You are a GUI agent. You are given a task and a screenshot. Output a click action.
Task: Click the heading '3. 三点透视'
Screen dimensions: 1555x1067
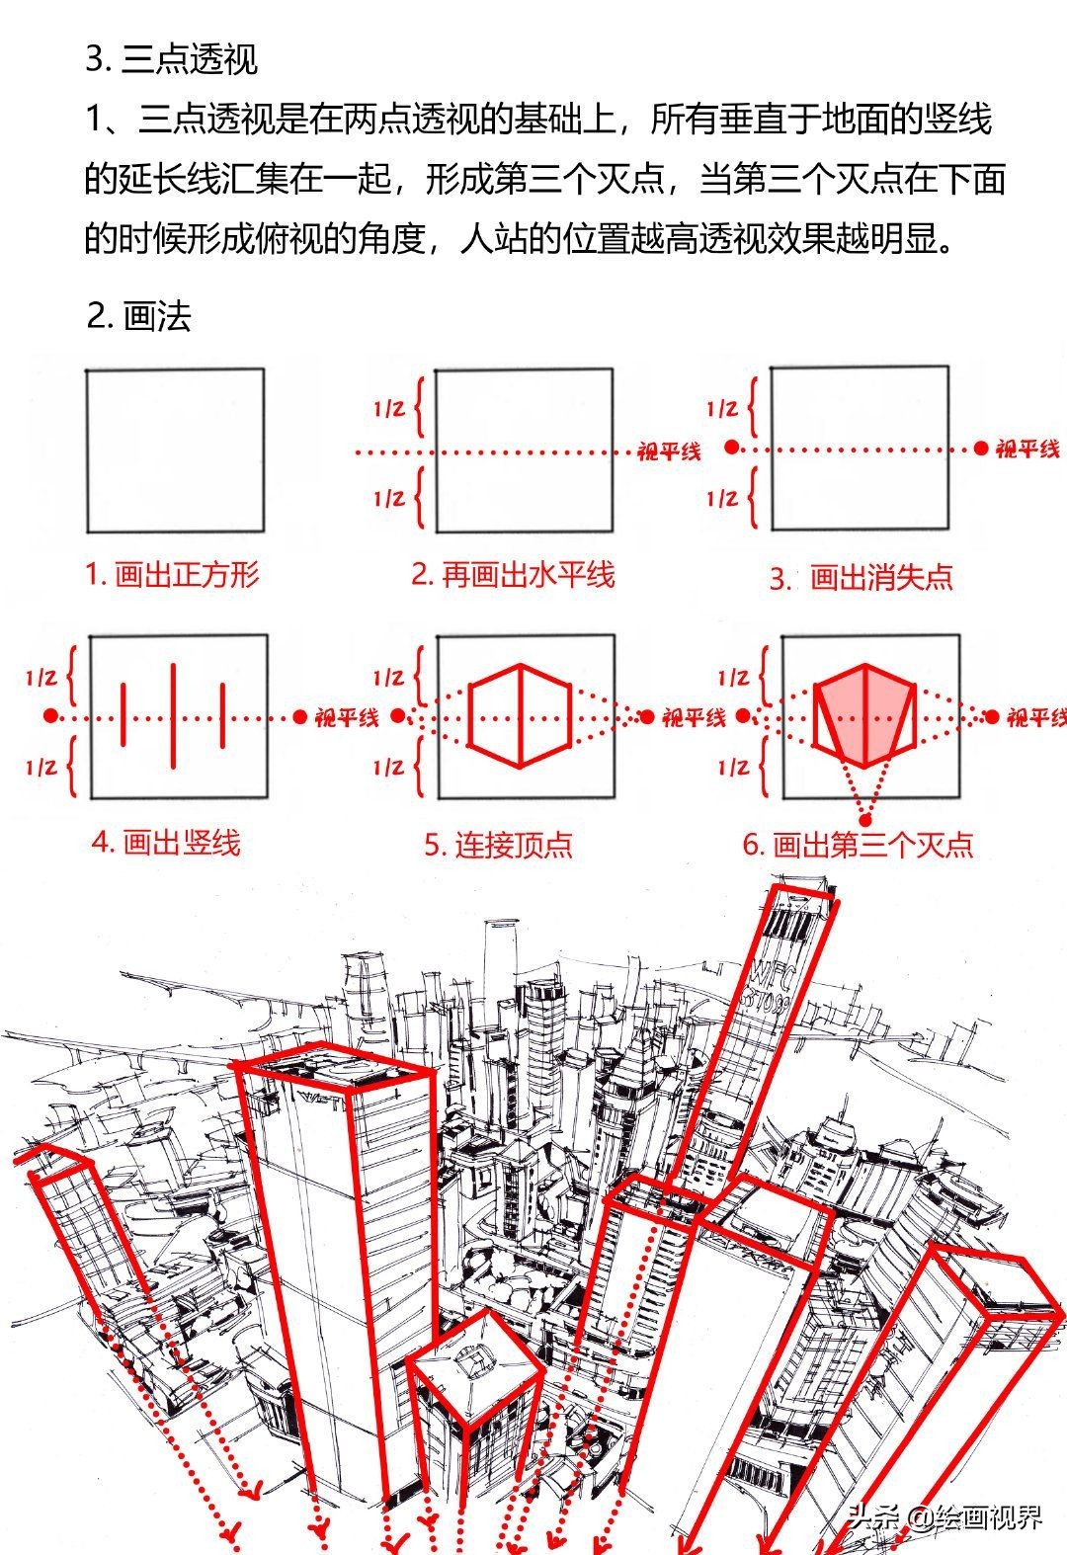(x=171, y=59)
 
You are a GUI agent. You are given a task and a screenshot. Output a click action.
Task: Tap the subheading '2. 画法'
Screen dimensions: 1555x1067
(x=138, y=316)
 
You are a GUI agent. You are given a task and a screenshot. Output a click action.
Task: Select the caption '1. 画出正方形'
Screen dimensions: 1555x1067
(x=172, y=575)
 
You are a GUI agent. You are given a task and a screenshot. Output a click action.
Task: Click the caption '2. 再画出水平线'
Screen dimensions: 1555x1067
(x=513, y=575)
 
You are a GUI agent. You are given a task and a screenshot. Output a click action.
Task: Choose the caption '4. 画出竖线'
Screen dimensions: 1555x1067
(x=166, y=843)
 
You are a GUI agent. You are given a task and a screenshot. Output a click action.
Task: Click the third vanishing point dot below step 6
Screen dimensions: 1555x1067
(x=866, y=819)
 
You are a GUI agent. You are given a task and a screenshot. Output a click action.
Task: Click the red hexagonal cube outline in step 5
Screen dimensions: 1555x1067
(x=520, y=716)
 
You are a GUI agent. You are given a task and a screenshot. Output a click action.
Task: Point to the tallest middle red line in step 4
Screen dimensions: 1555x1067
(x=174, y=715)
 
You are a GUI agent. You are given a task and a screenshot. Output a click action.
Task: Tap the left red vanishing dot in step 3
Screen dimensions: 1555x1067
(x=731, y=448)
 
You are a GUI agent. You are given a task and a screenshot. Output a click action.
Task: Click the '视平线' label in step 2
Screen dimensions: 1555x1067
(x=669, y=452)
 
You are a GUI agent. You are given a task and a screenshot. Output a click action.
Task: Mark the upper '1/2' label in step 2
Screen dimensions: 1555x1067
(x=389, y=408)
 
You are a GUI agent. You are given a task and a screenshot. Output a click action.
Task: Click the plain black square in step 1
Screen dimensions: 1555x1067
(x=175, y=450)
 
